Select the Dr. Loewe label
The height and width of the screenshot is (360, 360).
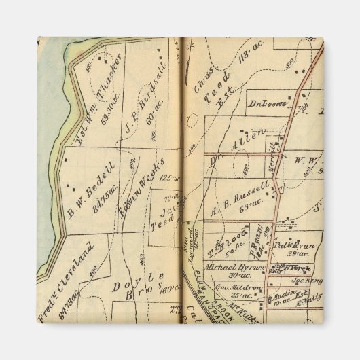(267, 105)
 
